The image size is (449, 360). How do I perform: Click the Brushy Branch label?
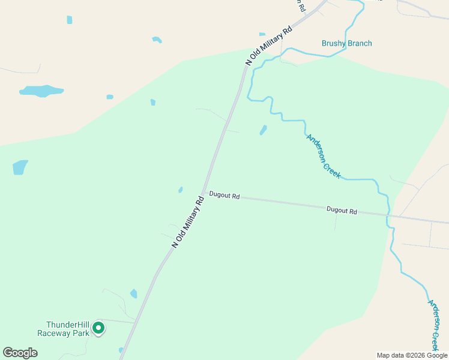click(x=346, y=43)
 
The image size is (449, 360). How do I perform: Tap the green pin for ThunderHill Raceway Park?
click(x=98, y=328)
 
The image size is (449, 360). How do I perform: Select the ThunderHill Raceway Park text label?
click(x=62, y=328)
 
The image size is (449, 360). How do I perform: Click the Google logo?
click(x=20, y=353)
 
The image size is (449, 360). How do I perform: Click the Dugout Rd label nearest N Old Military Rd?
click(x=224, y=196)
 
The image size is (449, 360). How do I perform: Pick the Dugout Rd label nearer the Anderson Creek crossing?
click(x=342, y=211)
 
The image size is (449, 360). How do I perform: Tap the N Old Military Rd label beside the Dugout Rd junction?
click(x=188, y=221)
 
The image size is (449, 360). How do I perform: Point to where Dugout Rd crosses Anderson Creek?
click(x=389, y=215)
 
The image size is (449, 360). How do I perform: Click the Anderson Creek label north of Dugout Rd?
click(x=324, y=156)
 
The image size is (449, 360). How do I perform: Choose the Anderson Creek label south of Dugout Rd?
click(x=435, y=325)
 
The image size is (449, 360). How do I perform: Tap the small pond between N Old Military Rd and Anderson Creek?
click(x=263, y=130)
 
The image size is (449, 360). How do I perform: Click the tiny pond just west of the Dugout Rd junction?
click(x=180, y=190)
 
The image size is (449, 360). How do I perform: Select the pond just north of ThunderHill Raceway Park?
click(x=133, y=293)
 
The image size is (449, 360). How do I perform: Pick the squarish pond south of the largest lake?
click(x=20, y=167)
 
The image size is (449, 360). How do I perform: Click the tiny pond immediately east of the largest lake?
click(x=110, y=97)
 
